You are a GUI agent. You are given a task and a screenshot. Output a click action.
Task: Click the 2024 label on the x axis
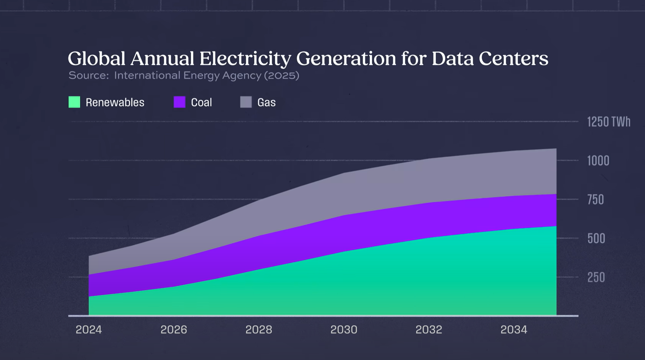(89, 330)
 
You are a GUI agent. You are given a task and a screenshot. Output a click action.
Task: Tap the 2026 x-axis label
(174, 330)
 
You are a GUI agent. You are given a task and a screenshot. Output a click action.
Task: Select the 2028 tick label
(259, 330)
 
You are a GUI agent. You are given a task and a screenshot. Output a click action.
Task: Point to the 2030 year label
(344, 330)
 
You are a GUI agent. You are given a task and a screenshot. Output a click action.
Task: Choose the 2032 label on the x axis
(429, 330)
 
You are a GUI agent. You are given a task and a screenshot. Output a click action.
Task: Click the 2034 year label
(514, 330)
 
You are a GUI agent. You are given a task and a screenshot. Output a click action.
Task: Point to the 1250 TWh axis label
(608, 122)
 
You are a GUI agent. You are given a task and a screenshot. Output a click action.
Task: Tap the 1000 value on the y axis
(598, 161)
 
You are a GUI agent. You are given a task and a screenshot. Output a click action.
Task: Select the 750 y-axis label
(596, 200)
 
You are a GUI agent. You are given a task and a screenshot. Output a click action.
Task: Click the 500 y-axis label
(596, 239)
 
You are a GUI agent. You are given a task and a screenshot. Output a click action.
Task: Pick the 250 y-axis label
(596, 278)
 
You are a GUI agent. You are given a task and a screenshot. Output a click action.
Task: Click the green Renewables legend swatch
(74, 102)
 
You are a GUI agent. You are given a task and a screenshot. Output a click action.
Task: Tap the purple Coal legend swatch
(179, 102)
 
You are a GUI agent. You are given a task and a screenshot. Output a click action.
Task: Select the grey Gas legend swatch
(246, 102)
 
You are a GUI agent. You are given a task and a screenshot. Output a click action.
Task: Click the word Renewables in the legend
(115, 103)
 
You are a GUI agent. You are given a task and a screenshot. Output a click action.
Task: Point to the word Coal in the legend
(201, 103)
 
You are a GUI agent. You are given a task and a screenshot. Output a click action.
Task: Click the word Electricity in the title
(245, 58)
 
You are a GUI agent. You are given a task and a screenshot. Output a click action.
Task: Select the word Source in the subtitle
(88, 75)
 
